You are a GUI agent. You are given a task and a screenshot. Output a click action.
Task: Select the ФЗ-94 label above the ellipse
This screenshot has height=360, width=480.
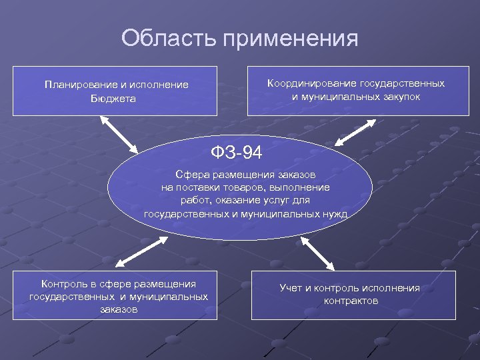point(236,153)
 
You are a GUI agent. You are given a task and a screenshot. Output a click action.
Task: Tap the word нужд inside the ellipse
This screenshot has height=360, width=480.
point(334,214)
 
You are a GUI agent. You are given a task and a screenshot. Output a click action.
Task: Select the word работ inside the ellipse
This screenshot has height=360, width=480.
point(193,201)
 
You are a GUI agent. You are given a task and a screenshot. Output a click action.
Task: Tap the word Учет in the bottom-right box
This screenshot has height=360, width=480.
point(291,288)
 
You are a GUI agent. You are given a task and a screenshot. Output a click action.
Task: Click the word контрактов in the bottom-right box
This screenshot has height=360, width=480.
point(351,301)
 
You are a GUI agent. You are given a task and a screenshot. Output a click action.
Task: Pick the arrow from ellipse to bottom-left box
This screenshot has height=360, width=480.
point(141,253)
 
